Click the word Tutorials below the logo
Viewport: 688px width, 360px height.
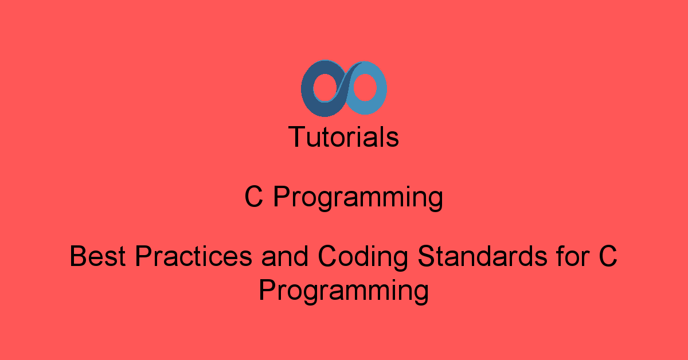(343, 136)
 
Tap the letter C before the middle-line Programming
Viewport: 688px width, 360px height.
(253, 196)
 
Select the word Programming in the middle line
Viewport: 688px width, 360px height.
(358, 199)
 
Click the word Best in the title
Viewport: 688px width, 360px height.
(97, 256)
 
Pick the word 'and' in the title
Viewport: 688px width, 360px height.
(285, 256)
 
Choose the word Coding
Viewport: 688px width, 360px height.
(363, 258)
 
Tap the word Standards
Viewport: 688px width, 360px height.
(483, 256)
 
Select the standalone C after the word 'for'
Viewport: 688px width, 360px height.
(608, 256)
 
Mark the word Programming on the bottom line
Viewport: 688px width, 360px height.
(343, 292)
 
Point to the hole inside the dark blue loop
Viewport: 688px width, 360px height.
(325, 88)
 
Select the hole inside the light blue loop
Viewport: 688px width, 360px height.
(365, 88)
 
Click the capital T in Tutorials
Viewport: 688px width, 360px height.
(298, 136)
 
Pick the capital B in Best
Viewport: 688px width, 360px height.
(79, 256)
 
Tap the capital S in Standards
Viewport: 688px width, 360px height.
(427, 256)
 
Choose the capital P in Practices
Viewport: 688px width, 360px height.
(144, 256)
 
